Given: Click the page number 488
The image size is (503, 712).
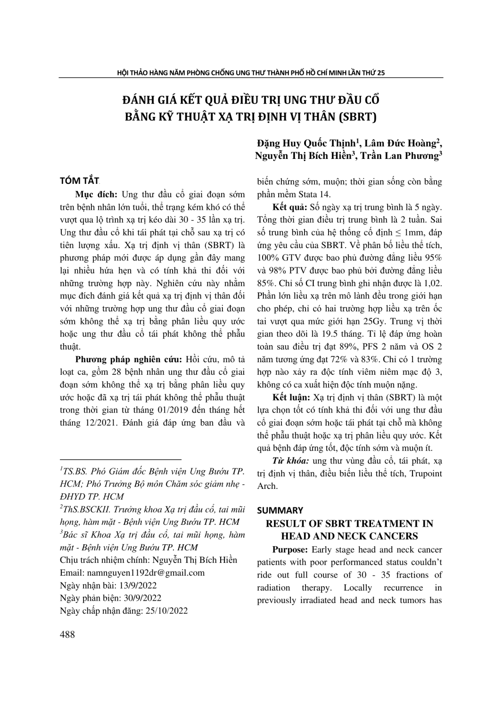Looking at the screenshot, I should [x=67, y=634].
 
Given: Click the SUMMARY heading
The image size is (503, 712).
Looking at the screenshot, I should [x=280, y=510].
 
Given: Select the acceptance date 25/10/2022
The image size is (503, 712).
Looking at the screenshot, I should [x=167, y=610].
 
